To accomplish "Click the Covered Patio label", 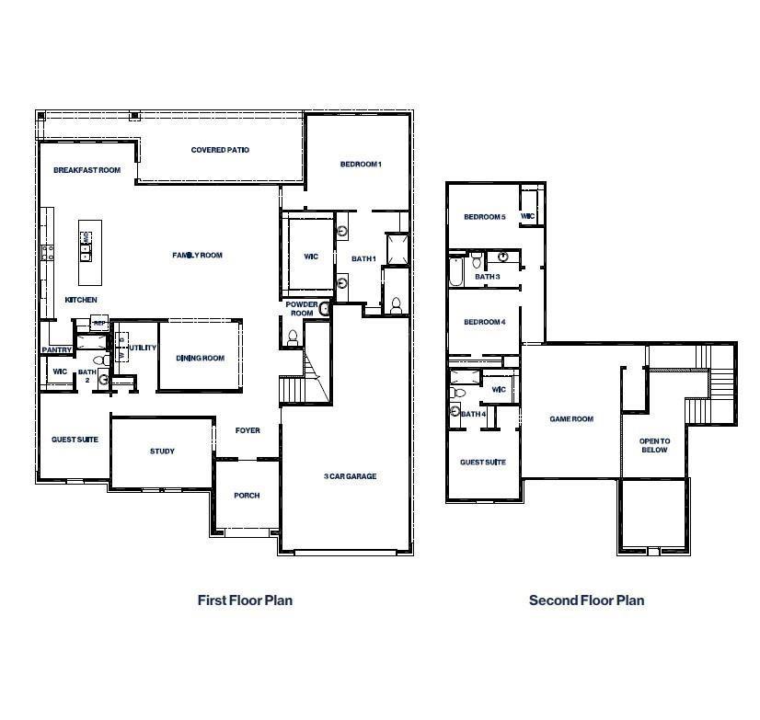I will pyautogui.click(x=220, y=150).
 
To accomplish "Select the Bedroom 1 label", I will pyautogui.click(x=361, y=164).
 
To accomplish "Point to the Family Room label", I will pyautogui.click(x=198, y=256).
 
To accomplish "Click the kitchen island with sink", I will pyautogui.click(x=87, y=241).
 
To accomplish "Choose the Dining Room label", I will pyautogui.click(x=201, y=359).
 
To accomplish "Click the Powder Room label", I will pyautogui.click(x=301, y=309).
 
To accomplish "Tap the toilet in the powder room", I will pyautogui.click(x=294, y=337).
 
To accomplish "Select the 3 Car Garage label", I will pyautogui.click(x=350, y=476).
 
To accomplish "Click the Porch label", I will pyautogui.click(x=247, y=496).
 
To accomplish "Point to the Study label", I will pyautogui.click(x=162, y=451).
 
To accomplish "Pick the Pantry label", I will pyautogui.click(x=56, y=350).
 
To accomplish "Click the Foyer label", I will pyautogui.click(x=248, y=430).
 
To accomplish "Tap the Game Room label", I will pyautogui.click(x=571, y=419).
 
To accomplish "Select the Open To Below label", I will pyautogui.click(x=654, y=446).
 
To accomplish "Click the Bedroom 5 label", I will pyautogui.click(x=484, y=217).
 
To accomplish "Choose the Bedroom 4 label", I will pyautogui.click(x=484, y=322).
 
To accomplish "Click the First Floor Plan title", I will pyautogui.click(x=245, y=600).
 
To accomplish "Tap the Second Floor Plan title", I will pyautogui.click(x=586, y=600).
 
